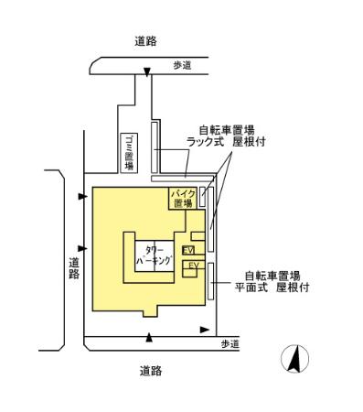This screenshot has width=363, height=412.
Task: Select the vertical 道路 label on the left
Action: point(74,268)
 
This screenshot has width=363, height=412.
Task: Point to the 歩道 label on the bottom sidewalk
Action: point(230,343)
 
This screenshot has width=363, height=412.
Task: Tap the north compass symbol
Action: point(294,359)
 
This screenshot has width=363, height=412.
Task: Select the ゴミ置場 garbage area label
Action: point(129,152)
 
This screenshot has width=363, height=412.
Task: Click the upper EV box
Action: point(188,250)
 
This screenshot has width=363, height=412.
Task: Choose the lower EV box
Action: point(192,266)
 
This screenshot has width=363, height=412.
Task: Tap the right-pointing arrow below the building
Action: point(204,329)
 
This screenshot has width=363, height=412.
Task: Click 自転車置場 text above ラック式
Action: point(226,130)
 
